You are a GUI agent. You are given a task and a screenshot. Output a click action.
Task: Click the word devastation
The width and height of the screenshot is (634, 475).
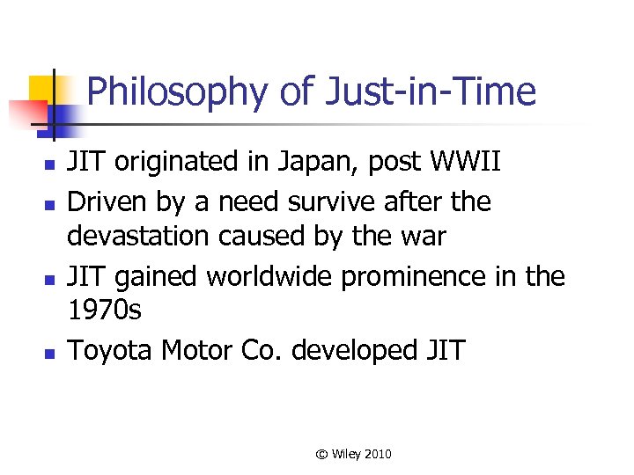(x=147, y=238)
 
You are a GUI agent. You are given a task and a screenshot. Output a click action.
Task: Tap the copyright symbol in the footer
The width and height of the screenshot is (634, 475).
(x=322, y=454)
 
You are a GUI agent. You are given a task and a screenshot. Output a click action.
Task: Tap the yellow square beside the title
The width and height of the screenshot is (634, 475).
(x=43, y=89)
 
